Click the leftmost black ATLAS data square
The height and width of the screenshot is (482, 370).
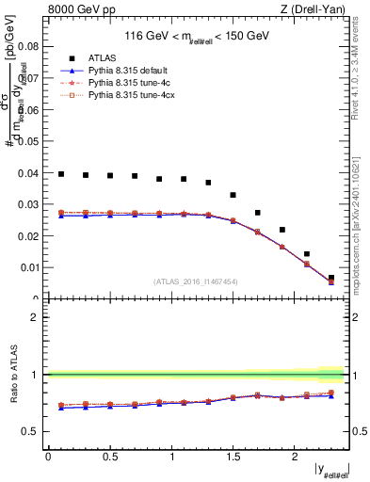[x=61, y=174]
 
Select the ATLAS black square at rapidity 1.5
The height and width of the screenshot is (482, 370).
[x=233, y=195]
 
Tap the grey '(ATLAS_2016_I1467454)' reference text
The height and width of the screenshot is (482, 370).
[x=196, y=281]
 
